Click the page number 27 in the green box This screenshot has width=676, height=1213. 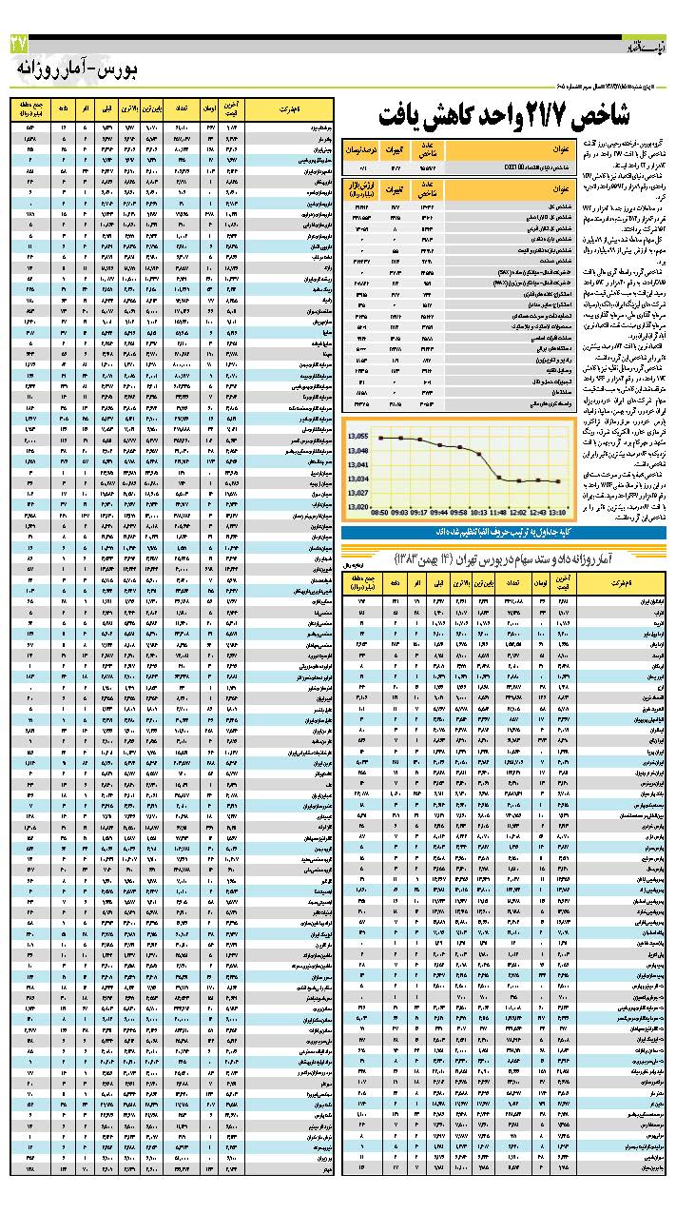(19, 43)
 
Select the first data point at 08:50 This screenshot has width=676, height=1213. (380, 438)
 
